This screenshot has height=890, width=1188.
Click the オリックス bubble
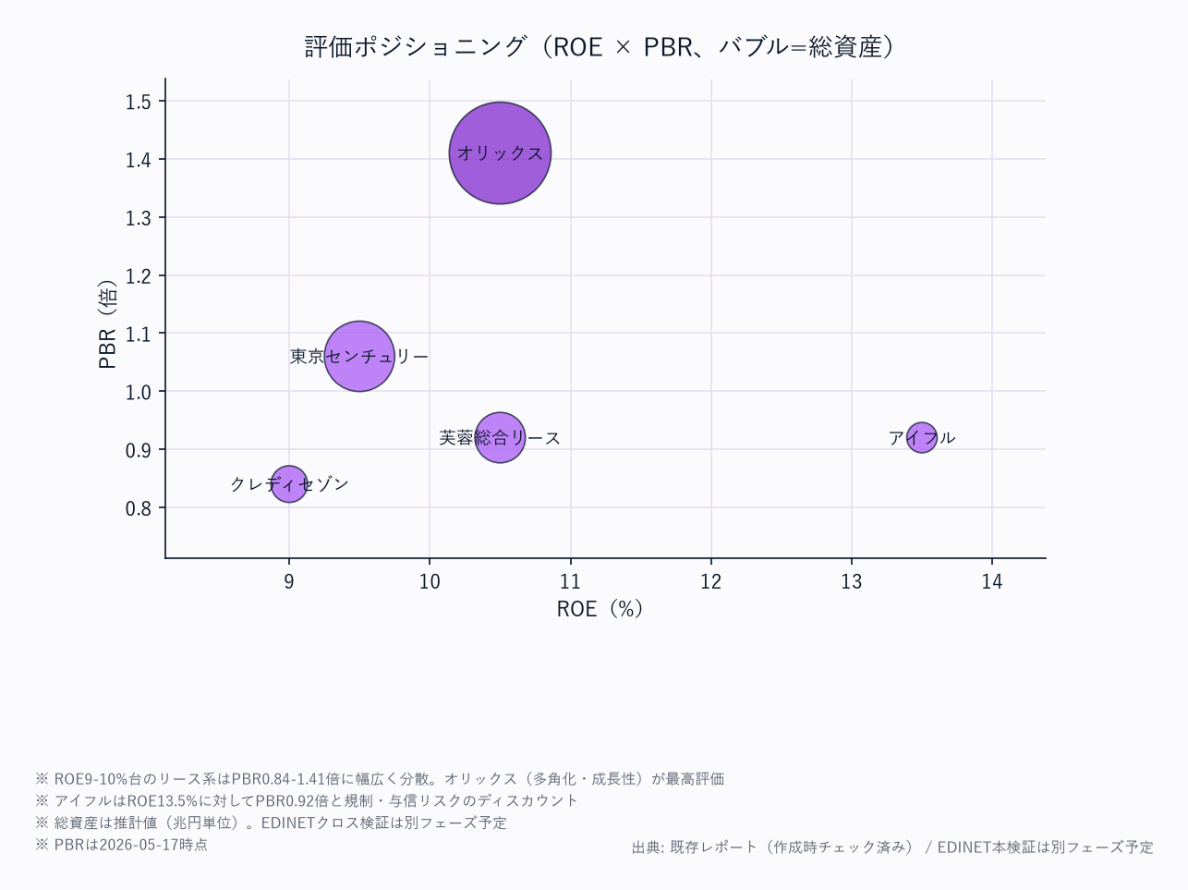click(x=500, y=153)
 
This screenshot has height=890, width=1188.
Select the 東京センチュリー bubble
click(x=359, y=356)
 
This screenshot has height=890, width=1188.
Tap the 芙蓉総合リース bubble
click(x=500, y=437)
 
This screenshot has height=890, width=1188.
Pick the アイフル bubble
click(x=921, y=437)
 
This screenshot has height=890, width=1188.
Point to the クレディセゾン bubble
click(x=289, y=484)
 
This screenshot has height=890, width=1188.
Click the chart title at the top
click(x=600, y=46)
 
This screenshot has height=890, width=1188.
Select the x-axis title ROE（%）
click(x=600, y=609)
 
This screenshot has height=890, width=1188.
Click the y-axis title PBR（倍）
click(x=107, y=323)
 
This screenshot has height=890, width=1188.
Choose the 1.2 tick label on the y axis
click(x=138, y=276)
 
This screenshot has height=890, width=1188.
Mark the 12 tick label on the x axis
click(x=710, y=582)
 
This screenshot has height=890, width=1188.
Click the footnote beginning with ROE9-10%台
click(x=380, y=779)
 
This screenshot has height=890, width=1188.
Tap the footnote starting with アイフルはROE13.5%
click(x=307, y=800)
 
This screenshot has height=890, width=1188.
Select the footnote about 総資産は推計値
click(x=272, y=823)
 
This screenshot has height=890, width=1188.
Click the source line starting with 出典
click(x=892, y=847)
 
